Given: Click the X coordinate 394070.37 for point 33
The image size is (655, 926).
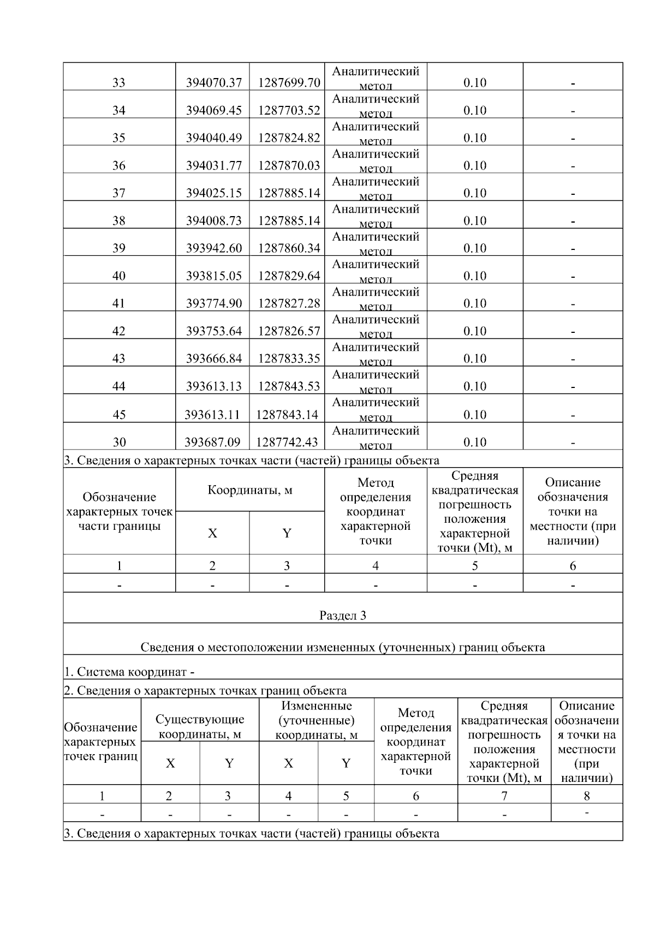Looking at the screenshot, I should click(x=213, y=83).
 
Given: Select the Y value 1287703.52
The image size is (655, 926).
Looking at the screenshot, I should click(x=289, y=111).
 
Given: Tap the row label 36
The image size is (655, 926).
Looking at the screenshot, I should click(x=119, y=166).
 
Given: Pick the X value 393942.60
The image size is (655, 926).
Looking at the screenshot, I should click(x=213, y=248).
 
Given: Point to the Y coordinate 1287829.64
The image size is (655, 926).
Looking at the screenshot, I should click(x=289, y=276).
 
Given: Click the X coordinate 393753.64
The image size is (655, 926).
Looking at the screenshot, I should click(x=213, y=331).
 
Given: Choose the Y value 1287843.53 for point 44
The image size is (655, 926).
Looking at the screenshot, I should click(x=289, y=386).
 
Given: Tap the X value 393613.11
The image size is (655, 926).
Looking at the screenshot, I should click(x=212, y=415).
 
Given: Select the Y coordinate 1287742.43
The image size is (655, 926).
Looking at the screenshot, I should click(x=287, y=442).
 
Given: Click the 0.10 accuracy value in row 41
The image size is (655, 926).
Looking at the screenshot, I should click(x=474, y=303).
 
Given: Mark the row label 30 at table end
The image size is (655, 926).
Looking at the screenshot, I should click(x=119, y=442).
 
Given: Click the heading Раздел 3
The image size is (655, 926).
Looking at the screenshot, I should click(x=343, y=616).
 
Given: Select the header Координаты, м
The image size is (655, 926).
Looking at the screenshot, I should click(x=250, y=490).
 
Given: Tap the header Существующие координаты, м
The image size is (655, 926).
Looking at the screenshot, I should click(x=200, y=727).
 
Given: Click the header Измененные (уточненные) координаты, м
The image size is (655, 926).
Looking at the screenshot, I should click(x=317, y=721).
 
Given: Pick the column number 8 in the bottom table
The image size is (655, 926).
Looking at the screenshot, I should click(x=587, y=796).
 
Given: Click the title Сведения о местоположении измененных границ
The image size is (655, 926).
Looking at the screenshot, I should click(x=343, y=648).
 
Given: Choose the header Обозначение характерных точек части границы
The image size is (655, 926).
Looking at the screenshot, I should click(x=119, y=512).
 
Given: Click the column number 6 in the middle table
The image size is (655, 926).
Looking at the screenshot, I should click(x=573, y=566).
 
